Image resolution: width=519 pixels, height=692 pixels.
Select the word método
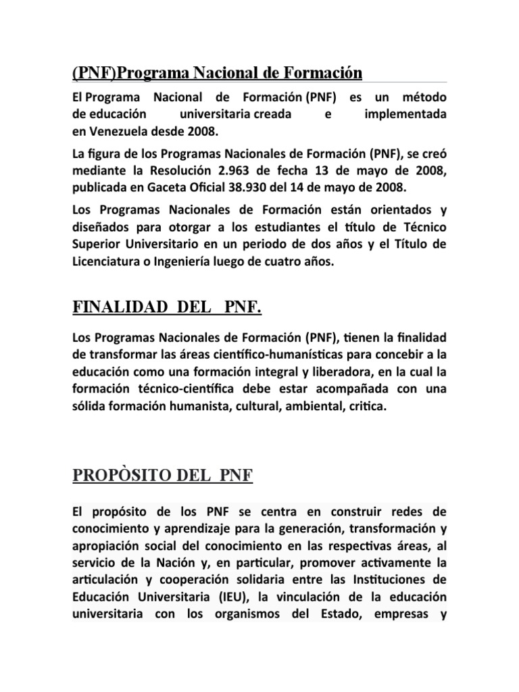coord(421,98)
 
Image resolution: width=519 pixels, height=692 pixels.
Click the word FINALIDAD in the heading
coord(111,310)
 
